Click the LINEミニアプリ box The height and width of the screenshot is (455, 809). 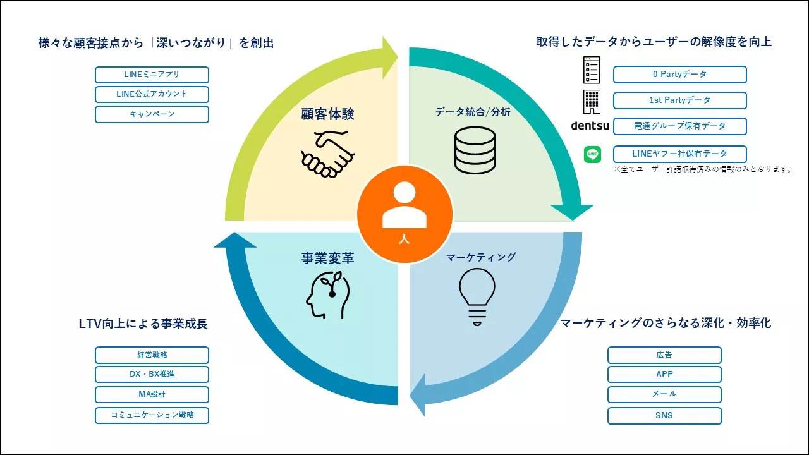(x=152, y=75)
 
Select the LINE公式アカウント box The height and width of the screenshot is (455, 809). (x=152, y=94)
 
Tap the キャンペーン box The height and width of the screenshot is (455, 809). (x=152, y=114)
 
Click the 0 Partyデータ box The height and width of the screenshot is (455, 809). (x=679, y=75)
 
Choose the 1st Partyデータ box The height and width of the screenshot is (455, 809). (x=679, y=100)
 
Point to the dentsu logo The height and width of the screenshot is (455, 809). (x=590, y=126)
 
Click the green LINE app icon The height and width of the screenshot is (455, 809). (x=592, y=154)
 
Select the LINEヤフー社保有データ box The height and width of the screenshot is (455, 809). (x=679, y=154)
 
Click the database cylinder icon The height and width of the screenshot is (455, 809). (x=475, y=150)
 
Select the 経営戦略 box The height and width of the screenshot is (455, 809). (x=152, y=355)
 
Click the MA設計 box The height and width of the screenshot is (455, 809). (x=152, y=395)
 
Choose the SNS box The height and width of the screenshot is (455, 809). (x=664, y=416)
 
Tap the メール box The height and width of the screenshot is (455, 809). (x=664, y=394)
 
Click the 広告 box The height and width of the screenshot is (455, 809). (x=664, y=355)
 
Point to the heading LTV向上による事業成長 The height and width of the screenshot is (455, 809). (x=143, y=324)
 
